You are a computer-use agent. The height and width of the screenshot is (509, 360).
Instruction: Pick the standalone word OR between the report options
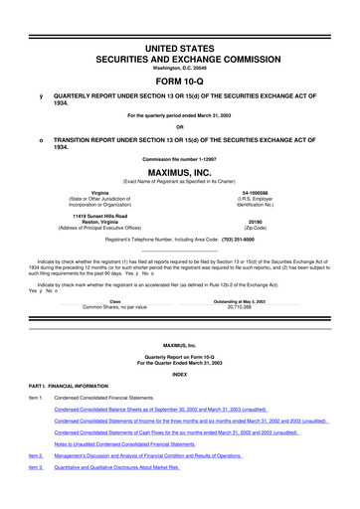pos(180,125)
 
